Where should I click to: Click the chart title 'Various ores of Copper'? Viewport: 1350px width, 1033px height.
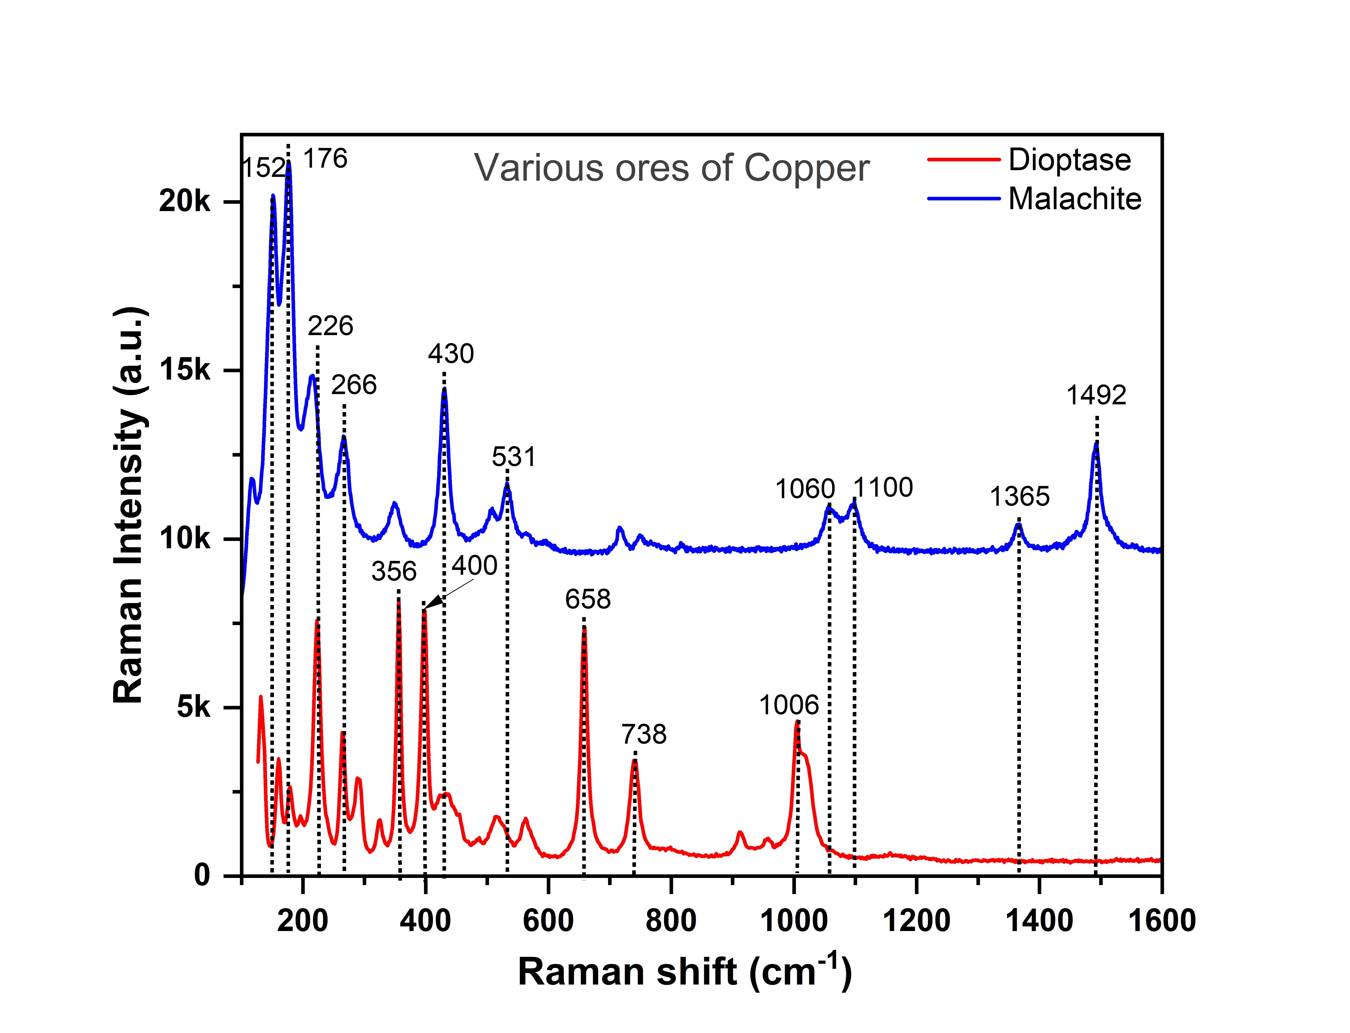(672, 168)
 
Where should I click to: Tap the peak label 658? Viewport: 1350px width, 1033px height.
(588, 599)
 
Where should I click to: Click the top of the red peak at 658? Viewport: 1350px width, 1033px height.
(584, 627)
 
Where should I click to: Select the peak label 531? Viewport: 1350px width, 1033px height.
(514, 457)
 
